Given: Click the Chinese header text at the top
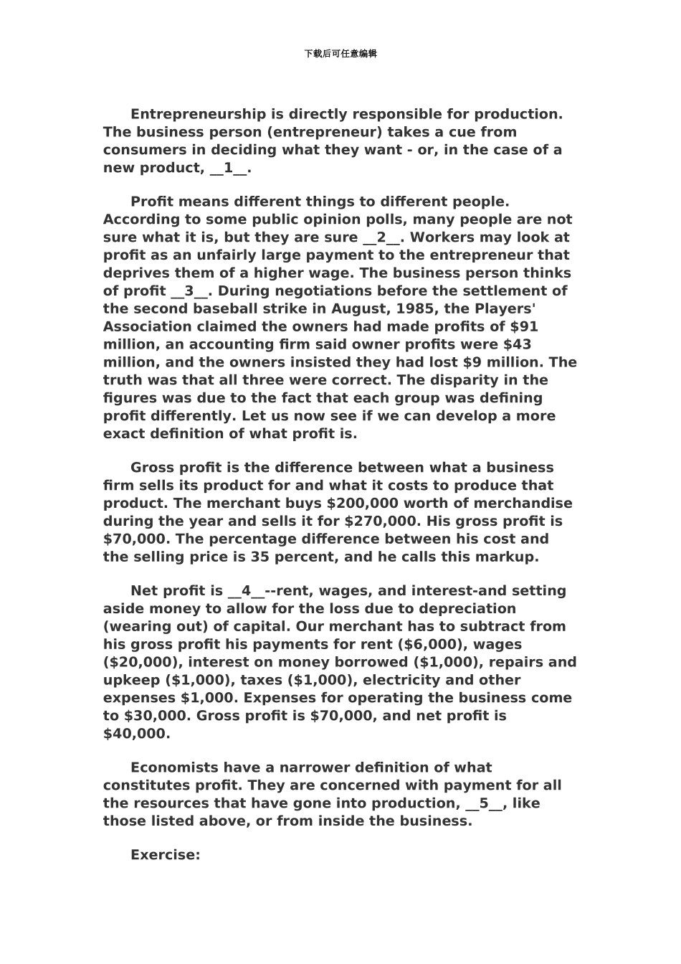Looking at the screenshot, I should (x=340, y=54).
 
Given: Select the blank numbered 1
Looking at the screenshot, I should (x=229, y=168).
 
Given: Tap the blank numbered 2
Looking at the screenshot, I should (x=381, y=237).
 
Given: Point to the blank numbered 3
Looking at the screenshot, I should (x=189, y=290).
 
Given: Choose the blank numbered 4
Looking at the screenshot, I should (x=247, y=591).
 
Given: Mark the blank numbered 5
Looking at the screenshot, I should (x=484, y=803).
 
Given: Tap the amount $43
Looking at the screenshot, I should (x=518, y=344).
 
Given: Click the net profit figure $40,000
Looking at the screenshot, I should (x=136, y=733).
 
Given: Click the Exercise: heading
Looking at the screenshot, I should (x=165, y=855).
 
